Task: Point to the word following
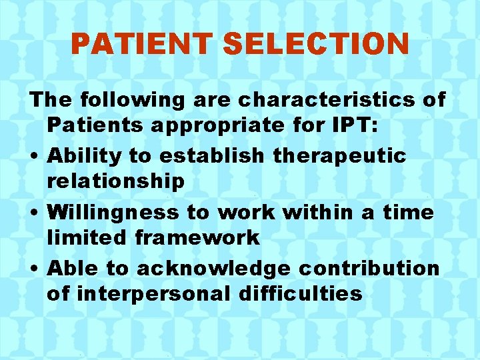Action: [x=122, y=100]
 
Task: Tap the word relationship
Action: [x=115, y=181]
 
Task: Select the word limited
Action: [x=85, y=237]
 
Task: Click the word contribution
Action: [x=368, y=268]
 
